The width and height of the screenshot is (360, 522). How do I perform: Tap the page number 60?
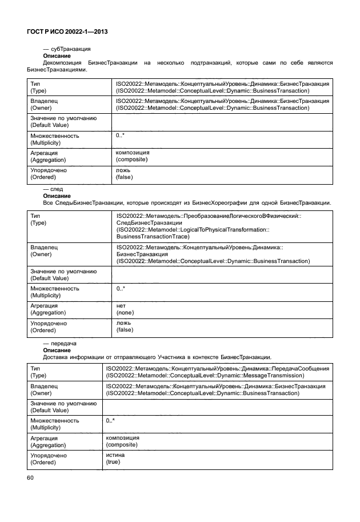click(x=31, y=478)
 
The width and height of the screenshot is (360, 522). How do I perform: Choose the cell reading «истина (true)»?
click(x=114, y=458)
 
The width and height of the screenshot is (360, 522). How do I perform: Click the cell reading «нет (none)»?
click(x=125, y=309)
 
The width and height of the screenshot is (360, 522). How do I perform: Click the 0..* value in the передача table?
click(x=110, y=421)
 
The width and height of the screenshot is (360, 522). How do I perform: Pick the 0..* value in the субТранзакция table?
click(x=121, y=136)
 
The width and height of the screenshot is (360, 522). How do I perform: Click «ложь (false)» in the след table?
click(x=125, y=326)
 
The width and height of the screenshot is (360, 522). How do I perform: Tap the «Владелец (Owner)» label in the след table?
click(x=44, y=250)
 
